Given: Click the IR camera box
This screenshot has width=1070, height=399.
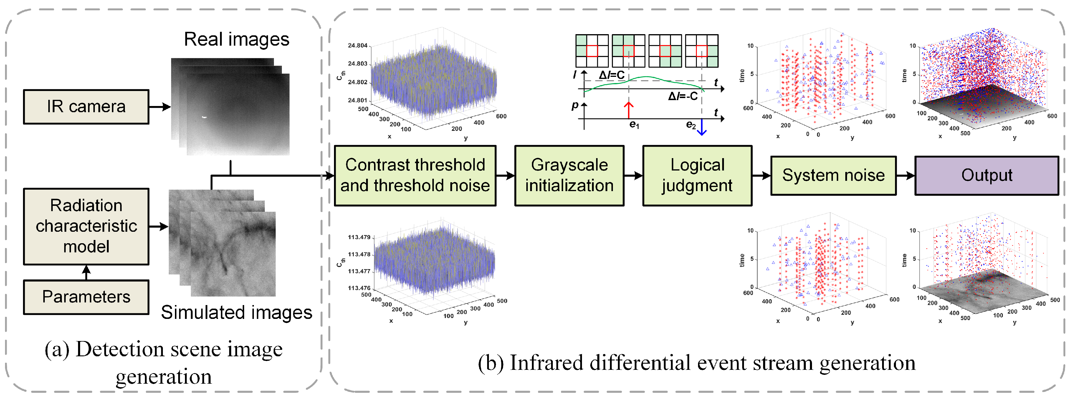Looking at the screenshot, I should point(86,107).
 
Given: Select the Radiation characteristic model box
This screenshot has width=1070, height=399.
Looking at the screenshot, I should point(86,226).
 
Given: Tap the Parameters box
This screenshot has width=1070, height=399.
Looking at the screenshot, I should point(86,297).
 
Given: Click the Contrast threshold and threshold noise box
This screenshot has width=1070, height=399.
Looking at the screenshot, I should point(415,175).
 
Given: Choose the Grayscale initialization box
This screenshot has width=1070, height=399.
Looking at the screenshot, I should point(569,175).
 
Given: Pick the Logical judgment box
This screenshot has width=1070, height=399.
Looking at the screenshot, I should point(697,175).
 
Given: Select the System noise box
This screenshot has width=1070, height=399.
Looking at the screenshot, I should point(833,175).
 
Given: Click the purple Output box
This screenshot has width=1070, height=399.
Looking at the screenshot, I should point(987,175).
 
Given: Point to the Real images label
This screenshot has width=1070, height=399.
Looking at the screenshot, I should point(236,39).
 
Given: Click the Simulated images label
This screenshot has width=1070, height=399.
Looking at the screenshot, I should point(236,312).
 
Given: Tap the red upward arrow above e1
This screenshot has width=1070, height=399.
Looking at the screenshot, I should point(629,110).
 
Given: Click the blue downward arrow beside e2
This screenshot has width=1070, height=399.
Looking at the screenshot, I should point(702,128).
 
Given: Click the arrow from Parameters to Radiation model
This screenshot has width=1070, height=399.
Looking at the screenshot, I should point(86,272).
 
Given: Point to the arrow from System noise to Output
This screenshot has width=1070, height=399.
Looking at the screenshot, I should point(906,175).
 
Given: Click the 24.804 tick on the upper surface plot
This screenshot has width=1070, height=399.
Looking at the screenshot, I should point(358,45).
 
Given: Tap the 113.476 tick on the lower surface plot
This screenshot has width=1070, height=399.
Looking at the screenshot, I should point(359,288).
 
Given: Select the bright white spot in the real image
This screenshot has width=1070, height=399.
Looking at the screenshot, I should point(204,117).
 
